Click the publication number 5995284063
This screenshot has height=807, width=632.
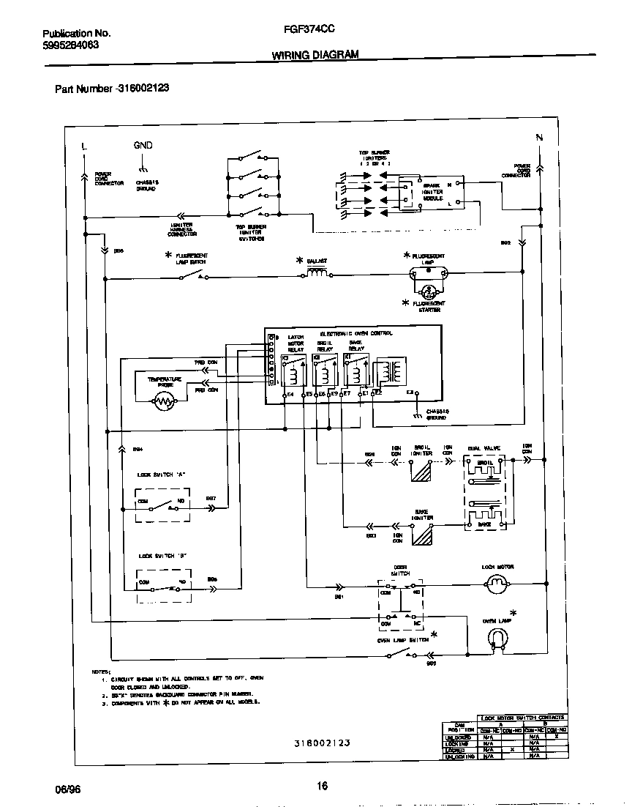coord(71,45)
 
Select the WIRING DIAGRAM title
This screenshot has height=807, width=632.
coord(315,55)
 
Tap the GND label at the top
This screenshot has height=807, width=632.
coord(143,145)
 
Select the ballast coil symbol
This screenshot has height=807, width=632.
coord(316,274)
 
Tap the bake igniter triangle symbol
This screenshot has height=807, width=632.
coord(421,534)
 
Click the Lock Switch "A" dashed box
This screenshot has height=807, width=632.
coord(162,502)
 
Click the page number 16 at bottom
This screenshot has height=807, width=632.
coord(322,786)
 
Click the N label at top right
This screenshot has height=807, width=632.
coord(540,138)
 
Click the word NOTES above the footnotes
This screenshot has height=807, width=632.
coord(100,671)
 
